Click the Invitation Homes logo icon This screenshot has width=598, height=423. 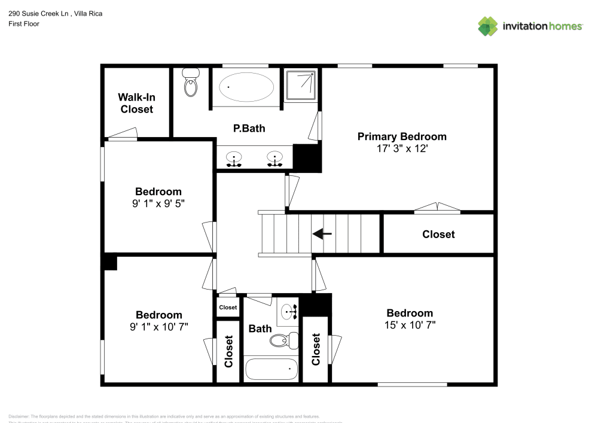487,26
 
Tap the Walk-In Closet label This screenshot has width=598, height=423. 136,103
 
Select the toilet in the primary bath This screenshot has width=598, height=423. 191,84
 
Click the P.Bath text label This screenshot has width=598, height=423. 249,128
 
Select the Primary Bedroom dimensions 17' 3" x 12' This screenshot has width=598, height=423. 401,149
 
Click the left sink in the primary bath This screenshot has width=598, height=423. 234,159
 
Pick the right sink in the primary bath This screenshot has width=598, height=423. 274,159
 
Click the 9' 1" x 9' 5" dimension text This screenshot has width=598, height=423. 158,203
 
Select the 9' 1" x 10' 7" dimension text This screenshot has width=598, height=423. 158,327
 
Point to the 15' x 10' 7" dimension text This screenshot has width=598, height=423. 410,325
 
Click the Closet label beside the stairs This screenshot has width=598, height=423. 438,235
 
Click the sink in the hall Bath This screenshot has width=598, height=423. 289,312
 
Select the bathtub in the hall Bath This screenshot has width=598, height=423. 271,369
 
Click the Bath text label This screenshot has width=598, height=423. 260,328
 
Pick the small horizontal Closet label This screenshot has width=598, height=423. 228,308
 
